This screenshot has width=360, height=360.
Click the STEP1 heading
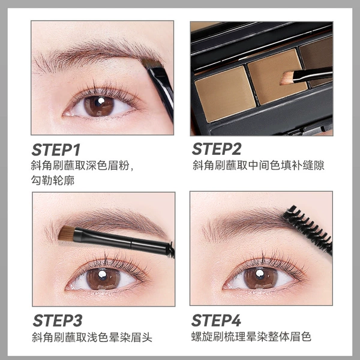coord(56,150)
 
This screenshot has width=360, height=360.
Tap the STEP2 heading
coord(217,149)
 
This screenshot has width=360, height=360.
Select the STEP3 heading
coord(58,320)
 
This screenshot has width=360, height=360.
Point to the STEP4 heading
coord(216,320)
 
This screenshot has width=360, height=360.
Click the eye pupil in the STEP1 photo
coord(99,106)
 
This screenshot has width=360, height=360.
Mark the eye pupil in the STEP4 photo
coord(260,278)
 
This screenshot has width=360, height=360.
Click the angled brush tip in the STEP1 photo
coord(151,63)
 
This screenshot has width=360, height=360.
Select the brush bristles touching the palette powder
coord(287,77)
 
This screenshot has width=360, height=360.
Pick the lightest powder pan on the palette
coord(226,93)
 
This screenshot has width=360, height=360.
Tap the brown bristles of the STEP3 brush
coord(67,233)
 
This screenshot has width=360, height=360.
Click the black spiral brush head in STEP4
coord(308,229)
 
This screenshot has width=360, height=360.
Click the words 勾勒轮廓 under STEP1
coord(53,181)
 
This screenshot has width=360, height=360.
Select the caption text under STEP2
coord(258,165)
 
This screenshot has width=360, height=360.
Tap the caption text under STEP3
coord(92,337)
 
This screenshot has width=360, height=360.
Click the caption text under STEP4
coord(251,337)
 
